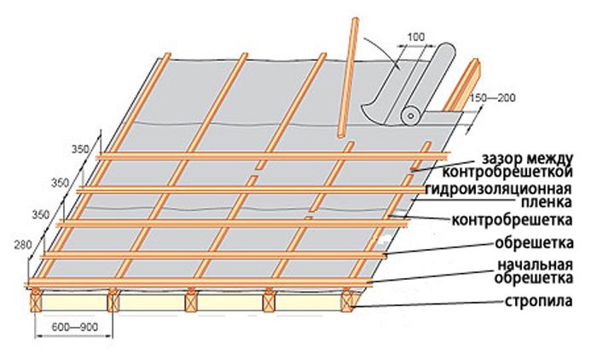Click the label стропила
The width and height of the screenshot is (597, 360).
point(538,301)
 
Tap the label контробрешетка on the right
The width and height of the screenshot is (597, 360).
point(512,220)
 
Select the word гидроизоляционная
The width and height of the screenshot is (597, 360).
point(498,189)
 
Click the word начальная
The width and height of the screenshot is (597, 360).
point(536,264)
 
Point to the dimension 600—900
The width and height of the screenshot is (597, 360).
point(75,327)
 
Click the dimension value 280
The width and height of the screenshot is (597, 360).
point(23,246)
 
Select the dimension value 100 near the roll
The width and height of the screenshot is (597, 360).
point(416,38)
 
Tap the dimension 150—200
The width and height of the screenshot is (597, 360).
point(492,98)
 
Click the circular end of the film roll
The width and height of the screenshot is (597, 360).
point(410,116)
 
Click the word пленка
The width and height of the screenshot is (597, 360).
point(547,202)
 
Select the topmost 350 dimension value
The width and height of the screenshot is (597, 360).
point(80,149)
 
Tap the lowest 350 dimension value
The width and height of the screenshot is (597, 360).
point(40,215)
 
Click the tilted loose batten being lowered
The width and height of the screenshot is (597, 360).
point(347,78)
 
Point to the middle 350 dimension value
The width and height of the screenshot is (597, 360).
point(61,183)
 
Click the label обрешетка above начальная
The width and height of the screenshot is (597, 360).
point(534,243)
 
